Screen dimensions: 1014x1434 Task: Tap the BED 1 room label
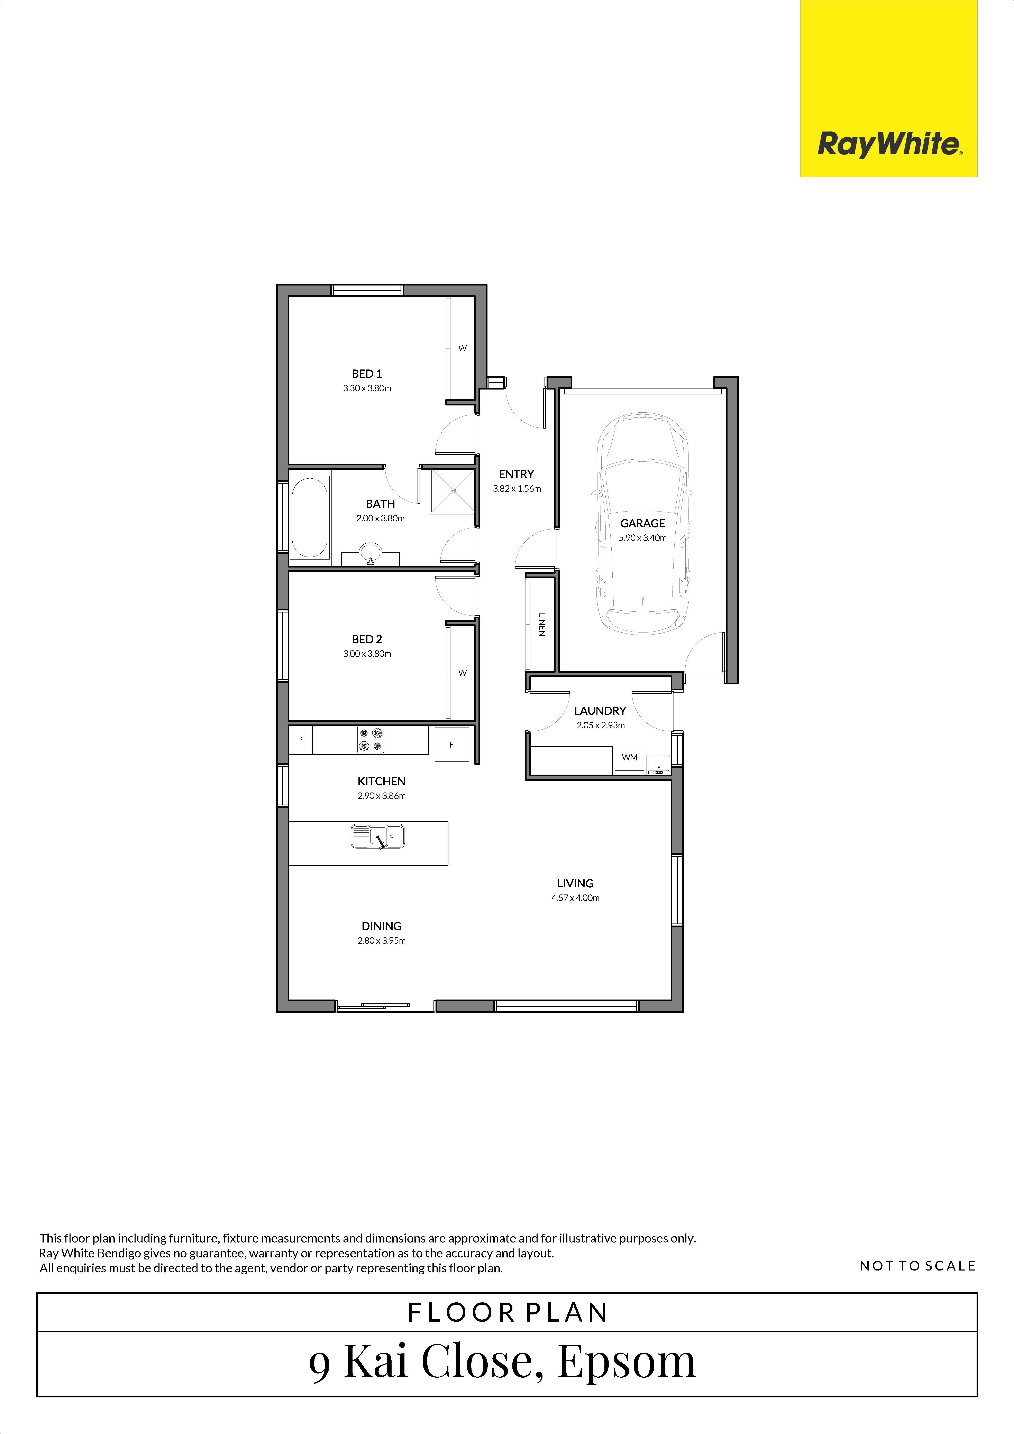click(367, 374)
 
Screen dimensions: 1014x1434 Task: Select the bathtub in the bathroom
click(309, 517)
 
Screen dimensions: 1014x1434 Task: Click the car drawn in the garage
click(643, 523)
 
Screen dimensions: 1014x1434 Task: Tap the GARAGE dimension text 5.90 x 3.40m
click(643, 538)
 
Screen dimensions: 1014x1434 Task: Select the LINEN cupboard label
click(542, 624)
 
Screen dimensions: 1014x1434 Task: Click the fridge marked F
click(451, 744)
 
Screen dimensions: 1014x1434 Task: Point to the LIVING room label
click(575, 883)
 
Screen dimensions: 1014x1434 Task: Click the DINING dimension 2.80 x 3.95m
click(382, 941)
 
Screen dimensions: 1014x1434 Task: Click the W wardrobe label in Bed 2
click(462, 673)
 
